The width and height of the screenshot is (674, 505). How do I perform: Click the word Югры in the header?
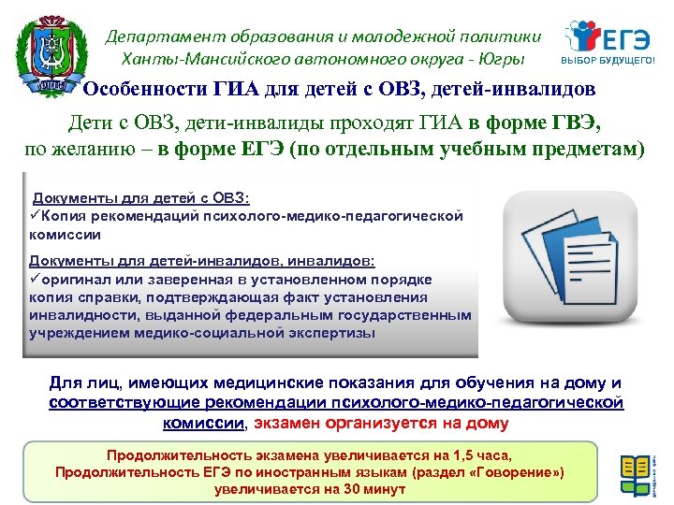(505, 58)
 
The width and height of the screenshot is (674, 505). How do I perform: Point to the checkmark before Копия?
(36, 216)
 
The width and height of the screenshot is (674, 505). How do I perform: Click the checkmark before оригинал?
(36, 280)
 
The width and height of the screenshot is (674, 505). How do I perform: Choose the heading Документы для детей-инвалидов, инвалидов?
(202, 262)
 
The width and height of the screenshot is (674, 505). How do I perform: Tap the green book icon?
(636, 473)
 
